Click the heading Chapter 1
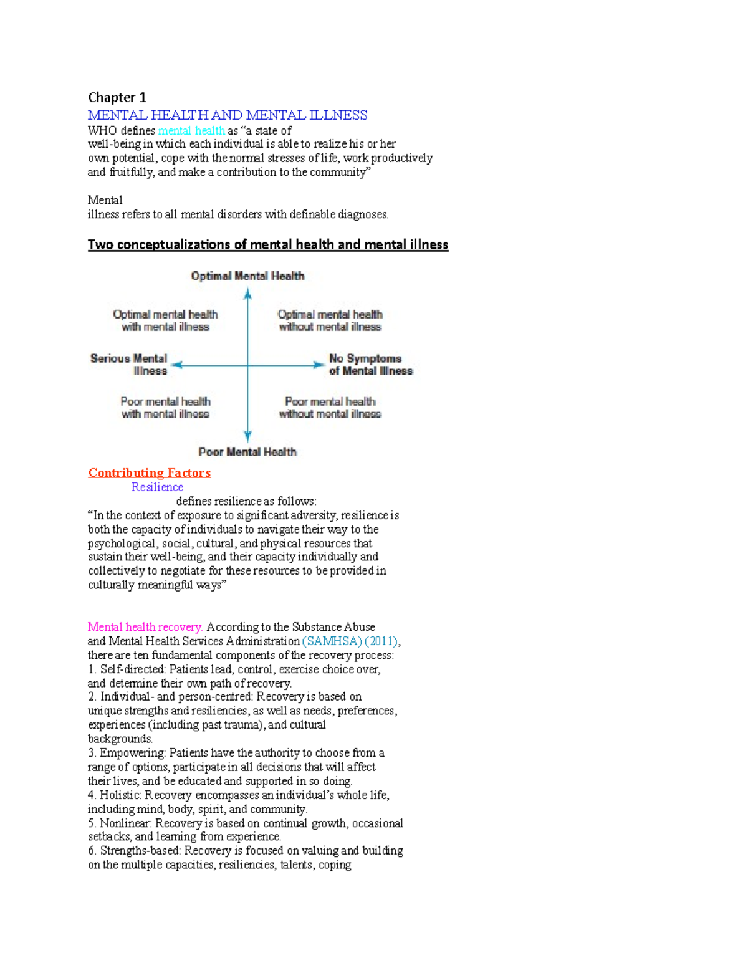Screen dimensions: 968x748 click(x=117, y=97)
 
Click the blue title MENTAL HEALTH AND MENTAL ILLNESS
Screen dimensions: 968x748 click(x=228, y=115)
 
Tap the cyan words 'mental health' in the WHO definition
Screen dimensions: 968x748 click(x=191, y=130)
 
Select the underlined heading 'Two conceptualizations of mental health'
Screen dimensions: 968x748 click(x=268, y=244)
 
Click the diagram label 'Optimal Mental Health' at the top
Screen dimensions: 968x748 click(x=247, y=276)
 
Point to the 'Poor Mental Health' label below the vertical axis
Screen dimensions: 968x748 click(x=247, y=452)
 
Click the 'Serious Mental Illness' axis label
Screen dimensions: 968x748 click(x=129, y=365)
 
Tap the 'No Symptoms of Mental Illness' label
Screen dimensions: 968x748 click(x=370, y=365)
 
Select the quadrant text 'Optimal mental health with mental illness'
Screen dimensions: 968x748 click(x=165, y=320)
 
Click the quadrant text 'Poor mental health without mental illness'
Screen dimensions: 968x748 click(x=330, y=408)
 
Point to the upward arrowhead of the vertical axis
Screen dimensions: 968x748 click(x=247, y=294)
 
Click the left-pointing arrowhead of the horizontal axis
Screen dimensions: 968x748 click(x=176, y=365)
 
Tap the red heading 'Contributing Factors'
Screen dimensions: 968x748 click(x=149, y=472)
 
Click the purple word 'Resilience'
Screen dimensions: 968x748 click(x=157, y=487)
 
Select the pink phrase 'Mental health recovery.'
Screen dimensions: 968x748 click(x=145, y=627)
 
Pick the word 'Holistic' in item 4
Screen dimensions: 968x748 click(x=120, y=795)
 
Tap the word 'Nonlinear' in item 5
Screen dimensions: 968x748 click(x=125, y=823)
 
